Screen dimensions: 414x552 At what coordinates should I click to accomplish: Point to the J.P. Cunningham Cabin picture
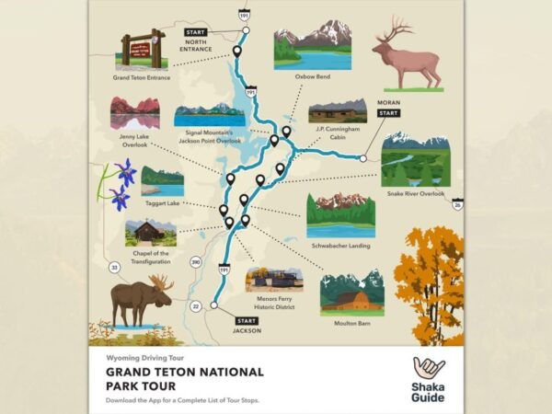(337, 111)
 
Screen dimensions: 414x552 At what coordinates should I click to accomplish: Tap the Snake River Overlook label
(414, 194)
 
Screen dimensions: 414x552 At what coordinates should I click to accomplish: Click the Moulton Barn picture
(351, 293)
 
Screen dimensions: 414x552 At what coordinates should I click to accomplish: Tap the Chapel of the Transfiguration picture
(150, 232)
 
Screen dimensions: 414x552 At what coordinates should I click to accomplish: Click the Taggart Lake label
(163, 202)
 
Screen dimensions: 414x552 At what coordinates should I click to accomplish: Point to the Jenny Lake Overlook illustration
(134, 114)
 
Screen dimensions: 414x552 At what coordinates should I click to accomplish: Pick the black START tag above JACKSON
(247, 320)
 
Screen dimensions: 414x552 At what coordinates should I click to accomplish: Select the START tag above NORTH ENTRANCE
(196, 32)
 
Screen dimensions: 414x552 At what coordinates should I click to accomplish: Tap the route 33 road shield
(115, 268)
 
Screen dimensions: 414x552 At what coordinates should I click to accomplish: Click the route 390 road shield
(195, 263)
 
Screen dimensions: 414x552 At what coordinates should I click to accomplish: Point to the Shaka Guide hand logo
(429, 369)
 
